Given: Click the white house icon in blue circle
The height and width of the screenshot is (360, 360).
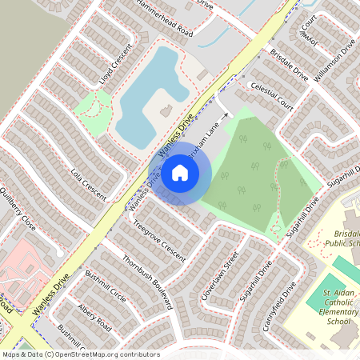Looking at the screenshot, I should [180, 172].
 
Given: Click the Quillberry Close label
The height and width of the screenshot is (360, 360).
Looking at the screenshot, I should [18, 210].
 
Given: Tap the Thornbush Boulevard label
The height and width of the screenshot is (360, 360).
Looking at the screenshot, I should [147, 282].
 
